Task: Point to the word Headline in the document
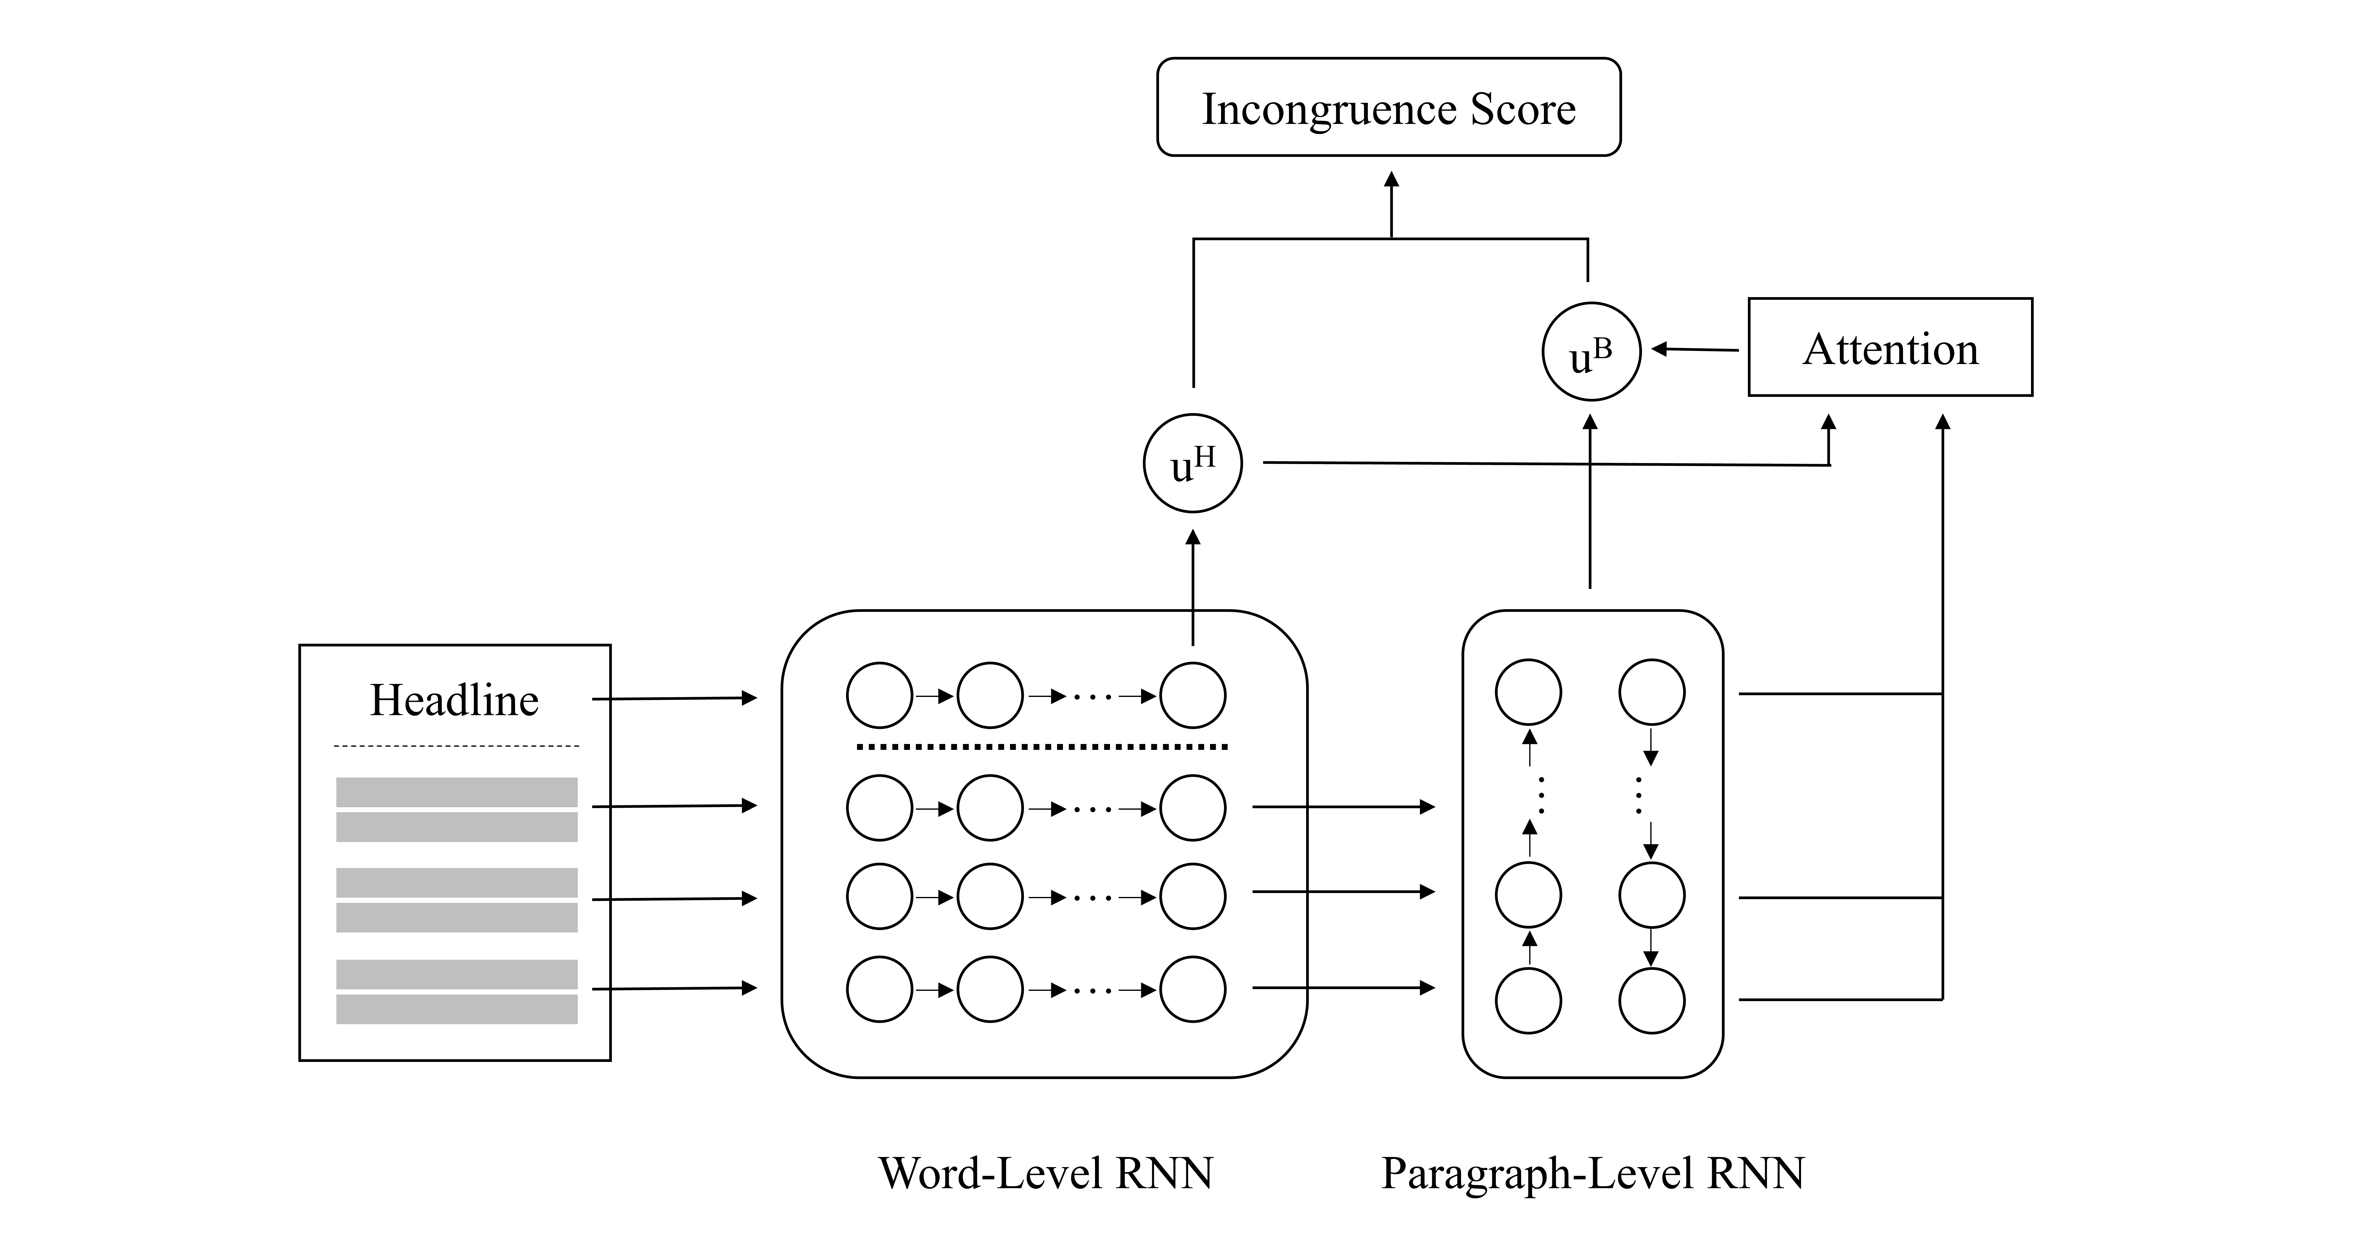454,700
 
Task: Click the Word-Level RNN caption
1046,1172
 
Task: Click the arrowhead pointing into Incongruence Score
1391,179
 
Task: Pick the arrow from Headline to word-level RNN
674,698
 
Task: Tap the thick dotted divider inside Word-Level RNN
1042,746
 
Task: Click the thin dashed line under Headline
457,745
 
